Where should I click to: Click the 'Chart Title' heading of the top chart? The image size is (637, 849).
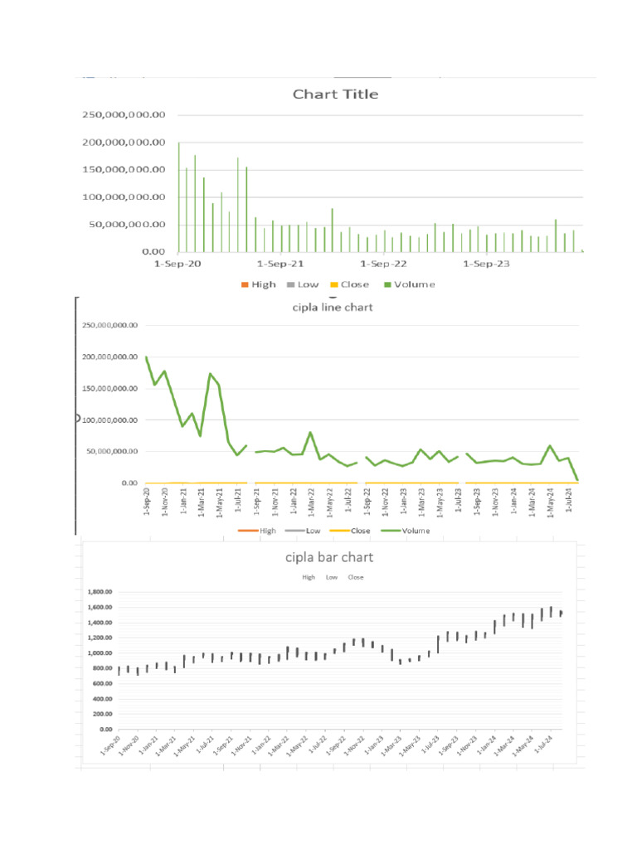[x=335, y=95]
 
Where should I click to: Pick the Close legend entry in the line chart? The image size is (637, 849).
[x=354, y=531]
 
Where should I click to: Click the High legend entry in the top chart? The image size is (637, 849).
[x=258, y=284]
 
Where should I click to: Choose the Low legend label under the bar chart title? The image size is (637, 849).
[x=332, y=576]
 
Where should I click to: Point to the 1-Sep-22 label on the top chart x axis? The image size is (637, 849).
[x=383, y=264]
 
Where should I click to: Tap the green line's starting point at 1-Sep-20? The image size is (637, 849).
[x=146, y=357]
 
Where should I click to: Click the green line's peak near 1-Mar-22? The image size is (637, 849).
[x=310, y=433]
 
